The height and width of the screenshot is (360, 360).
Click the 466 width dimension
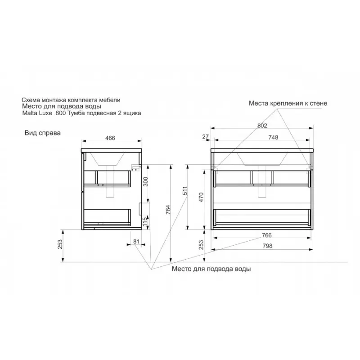(x=110, y=138)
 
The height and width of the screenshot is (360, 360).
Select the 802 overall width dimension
(x=262, y=126)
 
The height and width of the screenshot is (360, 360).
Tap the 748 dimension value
(x=273, y=137)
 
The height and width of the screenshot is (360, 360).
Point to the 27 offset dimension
(x=206, y=137)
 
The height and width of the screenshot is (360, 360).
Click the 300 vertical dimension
(x=145, y=182)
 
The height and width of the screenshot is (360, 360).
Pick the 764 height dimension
(x=168, y=210)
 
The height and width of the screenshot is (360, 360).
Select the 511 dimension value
(x=185, y=190)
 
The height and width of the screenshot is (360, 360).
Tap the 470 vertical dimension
(x=201, y=197)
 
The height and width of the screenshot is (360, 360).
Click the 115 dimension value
(x=144, y=221)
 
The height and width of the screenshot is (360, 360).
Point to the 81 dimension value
(x=136, y=241)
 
